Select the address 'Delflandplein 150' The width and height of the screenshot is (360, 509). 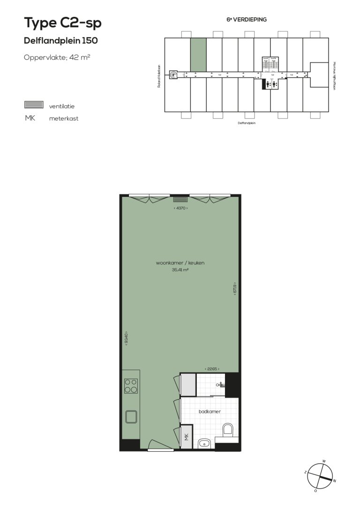[60, 41]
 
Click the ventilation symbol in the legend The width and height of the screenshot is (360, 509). [34, 105]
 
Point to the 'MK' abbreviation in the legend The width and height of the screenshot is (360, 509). [30, 118]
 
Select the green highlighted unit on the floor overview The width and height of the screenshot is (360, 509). [198, 54]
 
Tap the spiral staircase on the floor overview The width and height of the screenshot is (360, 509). [174, 74]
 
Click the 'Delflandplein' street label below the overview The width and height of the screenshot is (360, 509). [247, 123]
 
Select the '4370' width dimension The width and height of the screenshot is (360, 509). [180, 208]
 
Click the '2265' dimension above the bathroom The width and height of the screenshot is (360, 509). [212, 369]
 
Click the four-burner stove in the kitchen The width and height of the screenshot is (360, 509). [131, 386]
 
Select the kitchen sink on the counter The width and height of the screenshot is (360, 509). [131, 416]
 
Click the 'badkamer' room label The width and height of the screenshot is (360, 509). [210, 411]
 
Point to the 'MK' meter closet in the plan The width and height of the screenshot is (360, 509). [187, 437]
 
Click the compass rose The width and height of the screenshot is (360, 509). [321, 476]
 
